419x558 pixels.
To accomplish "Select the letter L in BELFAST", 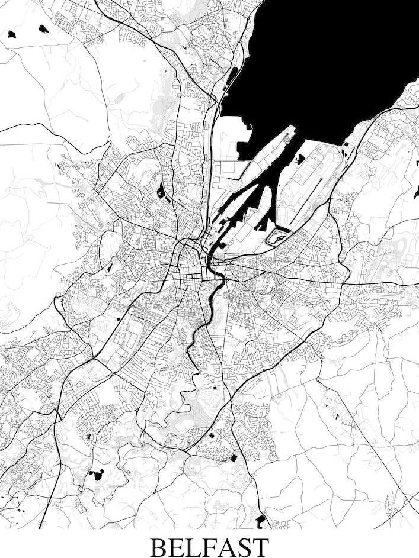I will (197, 547).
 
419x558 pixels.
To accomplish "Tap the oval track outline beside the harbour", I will (277, 237).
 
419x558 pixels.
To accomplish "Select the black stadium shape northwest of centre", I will (161, 191).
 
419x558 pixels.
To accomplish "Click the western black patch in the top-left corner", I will (12, 34).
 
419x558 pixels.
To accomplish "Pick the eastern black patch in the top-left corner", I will (43, 28).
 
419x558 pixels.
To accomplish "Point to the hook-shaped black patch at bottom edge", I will (260, 520).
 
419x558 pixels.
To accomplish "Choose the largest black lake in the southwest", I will (96, 474).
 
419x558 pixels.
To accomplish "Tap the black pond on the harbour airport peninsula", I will (300, 158).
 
